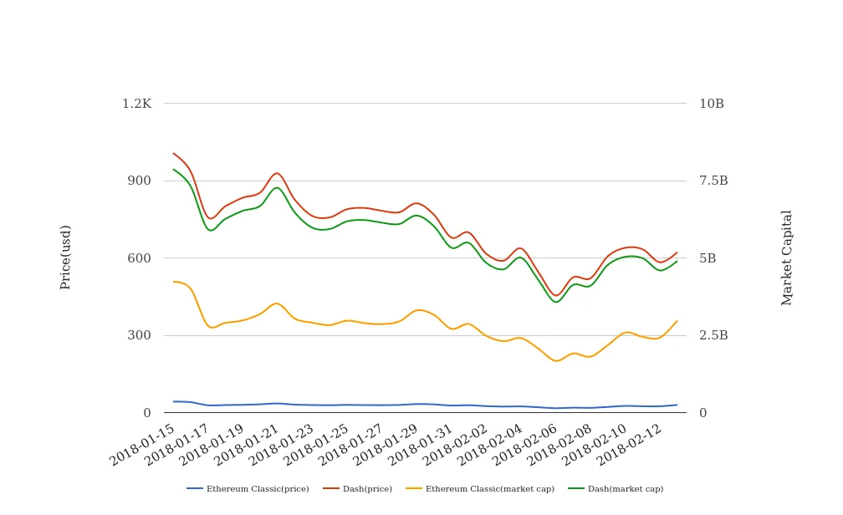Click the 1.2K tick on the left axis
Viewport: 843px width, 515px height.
[x=136, y=104]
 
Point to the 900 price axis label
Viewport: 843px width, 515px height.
[x=139, y=181]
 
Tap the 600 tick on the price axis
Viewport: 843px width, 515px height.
[x=139, y=258]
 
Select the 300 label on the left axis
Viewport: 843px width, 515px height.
[x=139, y=335]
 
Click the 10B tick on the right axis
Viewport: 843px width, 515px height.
[x=712, y=104]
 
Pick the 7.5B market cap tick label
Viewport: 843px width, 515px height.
[x=713, y=181]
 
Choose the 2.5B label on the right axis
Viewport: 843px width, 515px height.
[x=713, y=335]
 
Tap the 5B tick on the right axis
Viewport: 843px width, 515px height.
[x=708, y=258]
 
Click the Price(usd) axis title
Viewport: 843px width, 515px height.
[x=66, y=257]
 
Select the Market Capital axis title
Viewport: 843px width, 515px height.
[x=787, y=257]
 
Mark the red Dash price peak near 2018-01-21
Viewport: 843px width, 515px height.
[x=276, y=173]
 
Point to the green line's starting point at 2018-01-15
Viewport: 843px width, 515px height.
[x=173, y=170]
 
